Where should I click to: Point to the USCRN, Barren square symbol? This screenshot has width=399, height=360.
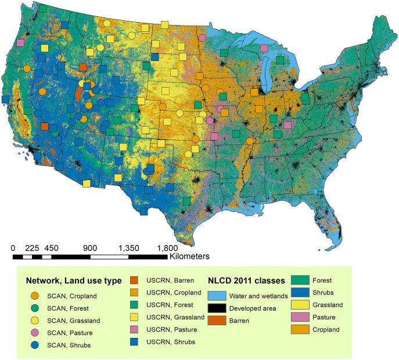tap(133, 280)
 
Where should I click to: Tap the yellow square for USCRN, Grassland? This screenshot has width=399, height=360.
tap(133, 317)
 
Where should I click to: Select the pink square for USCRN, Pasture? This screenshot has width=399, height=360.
tap(133, 329)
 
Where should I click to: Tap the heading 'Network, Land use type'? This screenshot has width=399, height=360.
tap(73, 280)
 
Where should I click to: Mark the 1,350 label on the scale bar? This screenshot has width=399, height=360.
tap(129, 248)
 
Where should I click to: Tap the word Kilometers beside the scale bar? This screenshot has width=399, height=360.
tap(190, 255)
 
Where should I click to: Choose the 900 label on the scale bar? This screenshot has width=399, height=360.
tap(89, 248)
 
